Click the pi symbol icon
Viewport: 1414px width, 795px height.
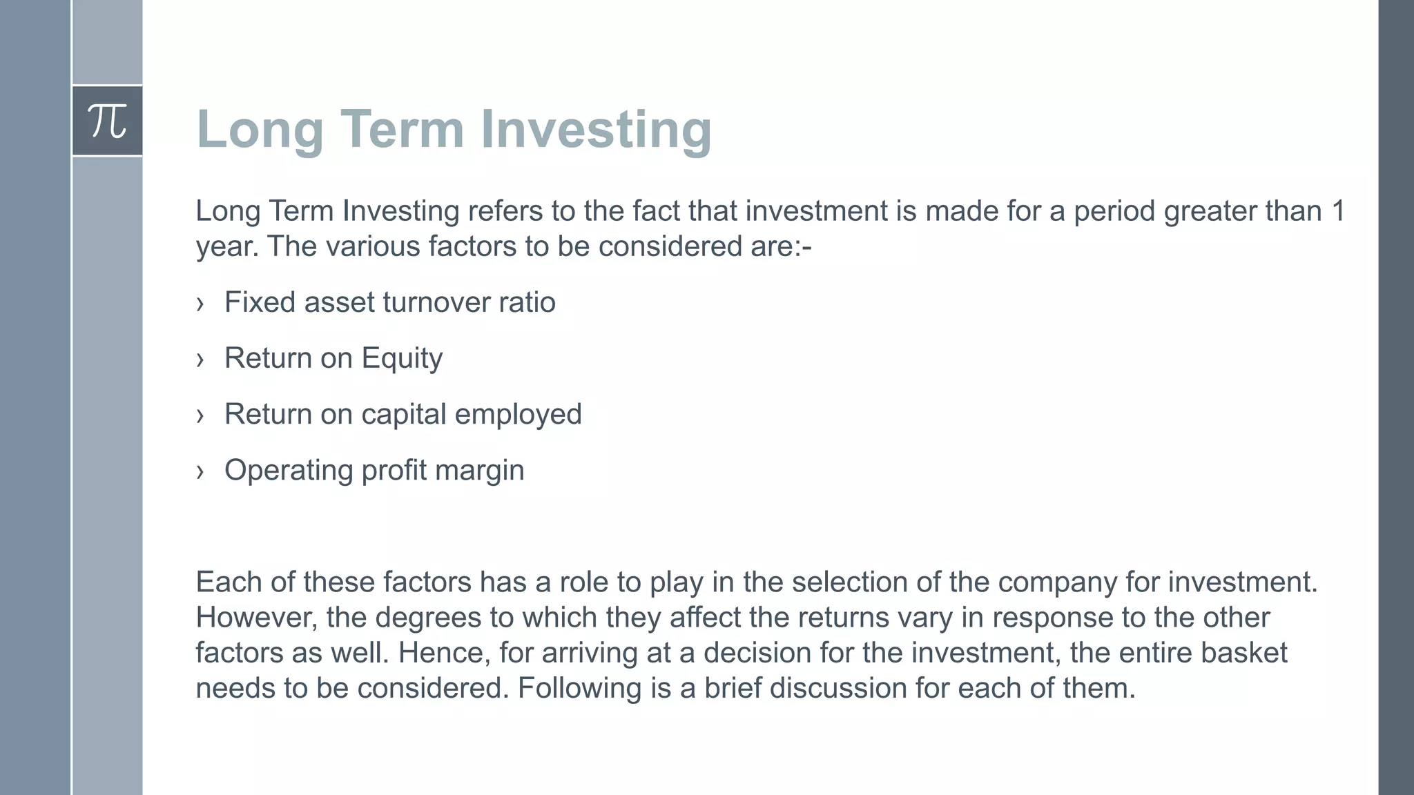pyautogui.click(x=108, y=121)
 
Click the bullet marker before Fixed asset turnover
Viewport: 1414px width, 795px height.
pyautogui.click(x=200, y=304)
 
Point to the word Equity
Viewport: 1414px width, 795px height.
pyautogui.click(x=402, y=358)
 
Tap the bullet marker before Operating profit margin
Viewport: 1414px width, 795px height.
pyautogui.click(x=200, y=471)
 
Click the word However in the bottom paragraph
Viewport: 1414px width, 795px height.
pyautogui.click(x=256, y=618)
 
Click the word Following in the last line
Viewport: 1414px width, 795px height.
pyautogui.click(x=579, y=688)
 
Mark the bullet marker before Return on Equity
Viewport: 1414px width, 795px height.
pyautogui.click(x=200, y=360)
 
